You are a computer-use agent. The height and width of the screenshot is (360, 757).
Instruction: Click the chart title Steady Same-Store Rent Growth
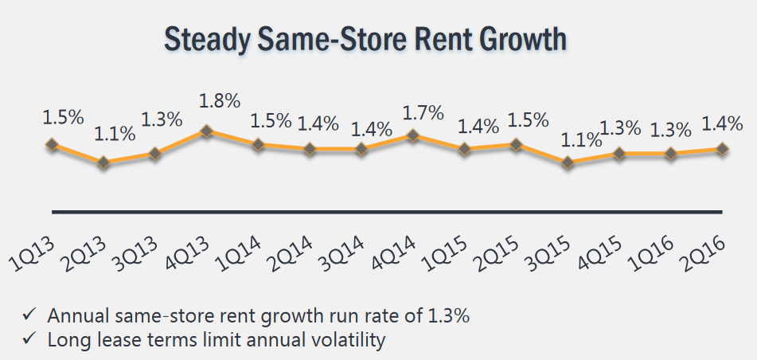(x=365, y=39)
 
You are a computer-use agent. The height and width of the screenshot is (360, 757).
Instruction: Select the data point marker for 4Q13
(x=206, y=131)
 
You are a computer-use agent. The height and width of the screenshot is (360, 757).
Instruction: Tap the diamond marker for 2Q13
(x=103, y=162)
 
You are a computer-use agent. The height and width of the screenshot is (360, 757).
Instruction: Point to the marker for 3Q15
(x=568, y=162)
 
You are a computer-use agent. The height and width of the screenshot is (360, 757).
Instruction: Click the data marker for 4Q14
(x=412, y=135)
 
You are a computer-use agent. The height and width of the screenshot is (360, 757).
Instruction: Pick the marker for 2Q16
(x=722, y=149)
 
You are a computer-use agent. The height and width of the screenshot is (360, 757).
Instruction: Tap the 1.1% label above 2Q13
(x=115, y=134)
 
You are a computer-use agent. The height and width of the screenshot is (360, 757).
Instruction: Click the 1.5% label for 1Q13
(x=63, y=116)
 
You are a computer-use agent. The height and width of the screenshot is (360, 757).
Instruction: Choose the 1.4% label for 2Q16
(x=722, y=123)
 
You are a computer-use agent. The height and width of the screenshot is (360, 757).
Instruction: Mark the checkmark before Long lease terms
(x=30, y=341)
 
